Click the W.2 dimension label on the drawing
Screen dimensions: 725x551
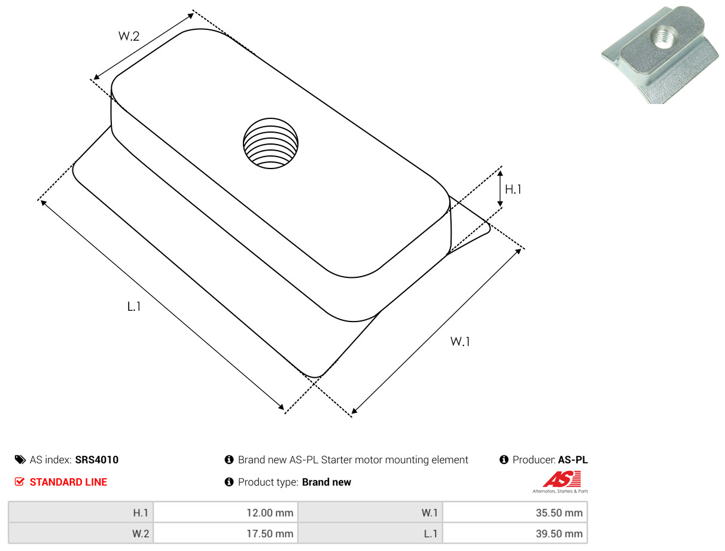point(129,36)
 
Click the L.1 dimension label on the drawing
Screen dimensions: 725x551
point(134,307)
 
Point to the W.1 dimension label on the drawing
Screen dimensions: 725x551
point(460,341)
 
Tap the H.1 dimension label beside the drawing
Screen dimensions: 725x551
point(513,189)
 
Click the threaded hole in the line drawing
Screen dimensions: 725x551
point(270,143)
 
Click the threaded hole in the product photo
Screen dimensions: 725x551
point(663,36)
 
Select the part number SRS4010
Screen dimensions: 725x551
point(97,460)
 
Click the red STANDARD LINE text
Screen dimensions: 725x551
point(68,482)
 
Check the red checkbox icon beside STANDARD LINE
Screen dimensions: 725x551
point(20,482)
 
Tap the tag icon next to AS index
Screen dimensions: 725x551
point(20,460)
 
